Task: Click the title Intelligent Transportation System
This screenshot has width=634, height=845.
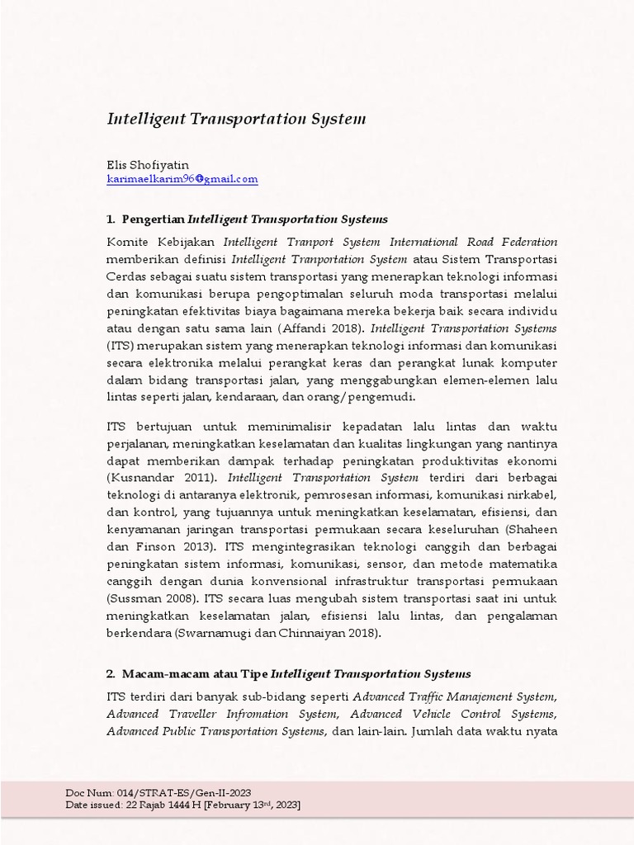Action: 236,119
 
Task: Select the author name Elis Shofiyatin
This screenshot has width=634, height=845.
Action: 148,165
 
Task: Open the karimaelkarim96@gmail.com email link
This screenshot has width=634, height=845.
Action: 182,178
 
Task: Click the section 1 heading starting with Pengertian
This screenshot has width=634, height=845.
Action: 248,220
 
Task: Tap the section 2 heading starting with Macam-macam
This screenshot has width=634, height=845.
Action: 289,673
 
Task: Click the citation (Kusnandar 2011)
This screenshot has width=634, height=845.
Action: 163,478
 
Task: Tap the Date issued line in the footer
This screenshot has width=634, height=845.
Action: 183,805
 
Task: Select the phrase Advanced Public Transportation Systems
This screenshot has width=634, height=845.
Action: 216,731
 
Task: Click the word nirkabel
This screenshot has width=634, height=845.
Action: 532,495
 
